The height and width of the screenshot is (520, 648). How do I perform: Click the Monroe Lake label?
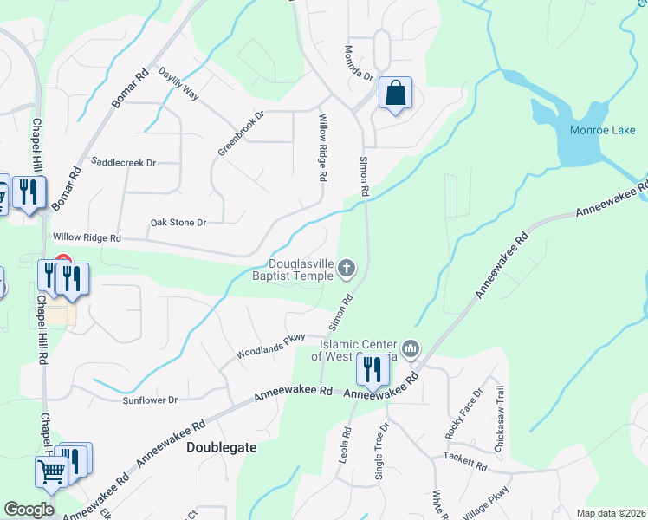tap(603, 131)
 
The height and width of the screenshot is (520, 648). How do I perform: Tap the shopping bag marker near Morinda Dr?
tap(395, 94)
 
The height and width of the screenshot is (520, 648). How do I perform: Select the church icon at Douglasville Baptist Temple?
tap(346, 269)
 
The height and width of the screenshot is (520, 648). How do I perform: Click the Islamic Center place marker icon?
tap(411, 350)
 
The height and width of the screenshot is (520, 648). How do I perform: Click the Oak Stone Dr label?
tap(178, 223)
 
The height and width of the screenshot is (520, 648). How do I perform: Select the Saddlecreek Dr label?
tap(123, 162)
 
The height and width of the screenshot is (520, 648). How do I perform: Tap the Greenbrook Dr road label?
tap(240, 133)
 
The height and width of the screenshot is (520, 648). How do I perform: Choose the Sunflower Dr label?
tap(150, 400)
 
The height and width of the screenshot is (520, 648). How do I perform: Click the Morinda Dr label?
tap(358, 63)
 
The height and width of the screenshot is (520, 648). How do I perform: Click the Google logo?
tap(29, 510)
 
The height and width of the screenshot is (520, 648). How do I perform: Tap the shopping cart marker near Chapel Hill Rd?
tap(51, 473)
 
